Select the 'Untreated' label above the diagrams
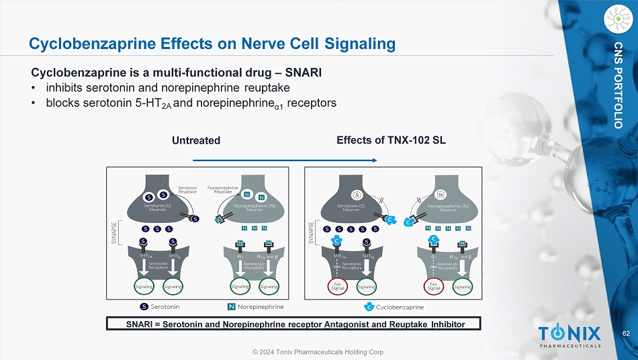point(196,141)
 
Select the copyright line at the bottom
point(318,352)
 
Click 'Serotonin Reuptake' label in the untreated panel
point(188,189)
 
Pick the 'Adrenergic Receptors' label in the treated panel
point(447,265)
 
